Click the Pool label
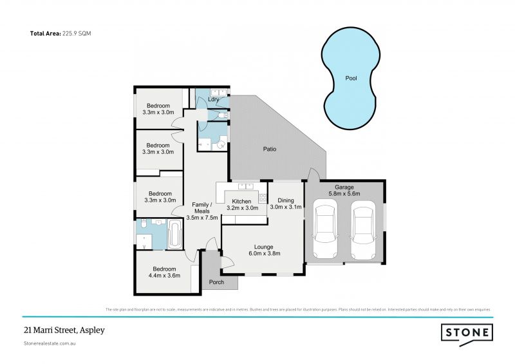pyautogui.click(x=351, y=78)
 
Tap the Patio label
pyautogui.click(x=269, y=149)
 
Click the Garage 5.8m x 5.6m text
pyautogui.click(x=344, y=190)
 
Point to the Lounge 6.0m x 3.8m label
pyautogui.click(x=263, y=250)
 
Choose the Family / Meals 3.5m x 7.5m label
pyautogui.click(x=201, y=211)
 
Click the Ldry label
pyautogui.click(x=214, y=100)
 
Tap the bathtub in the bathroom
pyautogui.click(x=175, y=235)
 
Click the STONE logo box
pyautogui.click(x=467, y=333)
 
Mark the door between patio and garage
pyautogui.click(x=312, y=175)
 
